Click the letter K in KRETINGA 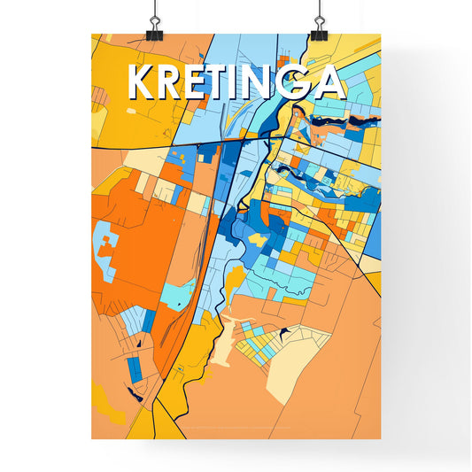pos(143,82)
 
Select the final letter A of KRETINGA pos(329,82)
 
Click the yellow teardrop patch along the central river pos(232,283)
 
